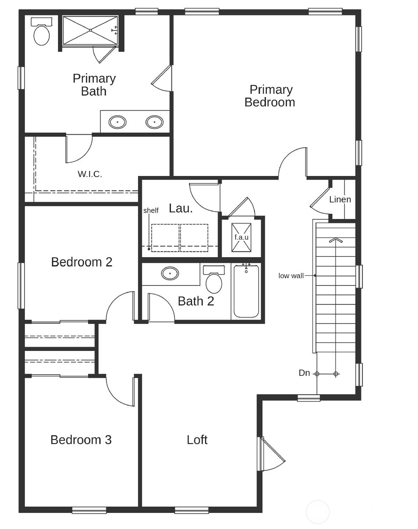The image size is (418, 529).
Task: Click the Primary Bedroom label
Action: (270, 96)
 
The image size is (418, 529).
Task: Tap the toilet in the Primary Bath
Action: (41, 33)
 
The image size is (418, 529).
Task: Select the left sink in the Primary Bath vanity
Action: (117, 122)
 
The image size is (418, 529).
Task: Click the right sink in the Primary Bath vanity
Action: (155, 122)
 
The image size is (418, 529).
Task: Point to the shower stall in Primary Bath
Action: (90, 30)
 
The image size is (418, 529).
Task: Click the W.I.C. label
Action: (90, 174)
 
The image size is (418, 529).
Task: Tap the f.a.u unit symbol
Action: (241, 237)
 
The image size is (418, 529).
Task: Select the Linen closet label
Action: (340, 199)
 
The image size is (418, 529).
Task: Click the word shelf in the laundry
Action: (151, 210)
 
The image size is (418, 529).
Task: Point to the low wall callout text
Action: (291, 276)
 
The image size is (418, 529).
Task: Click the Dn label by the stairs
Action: (304, 373)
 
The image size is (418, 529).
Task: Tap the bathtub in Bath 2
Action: (246, 291)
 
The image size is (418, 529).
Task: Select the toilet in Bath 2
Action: (214, 281)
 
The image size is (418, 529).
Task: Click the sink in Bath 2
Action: (170, 273)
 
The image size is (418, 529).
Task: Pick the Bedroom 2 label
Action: (81, 262)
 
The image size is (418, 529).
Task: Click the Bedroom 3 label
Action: (81, 440)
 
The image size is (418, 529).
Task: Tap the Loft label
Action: (197, 440)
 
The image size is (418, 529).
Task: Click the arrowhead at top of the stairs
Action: (335, 241)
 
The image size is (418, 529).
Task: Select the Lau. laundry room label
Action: (181, 208)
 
